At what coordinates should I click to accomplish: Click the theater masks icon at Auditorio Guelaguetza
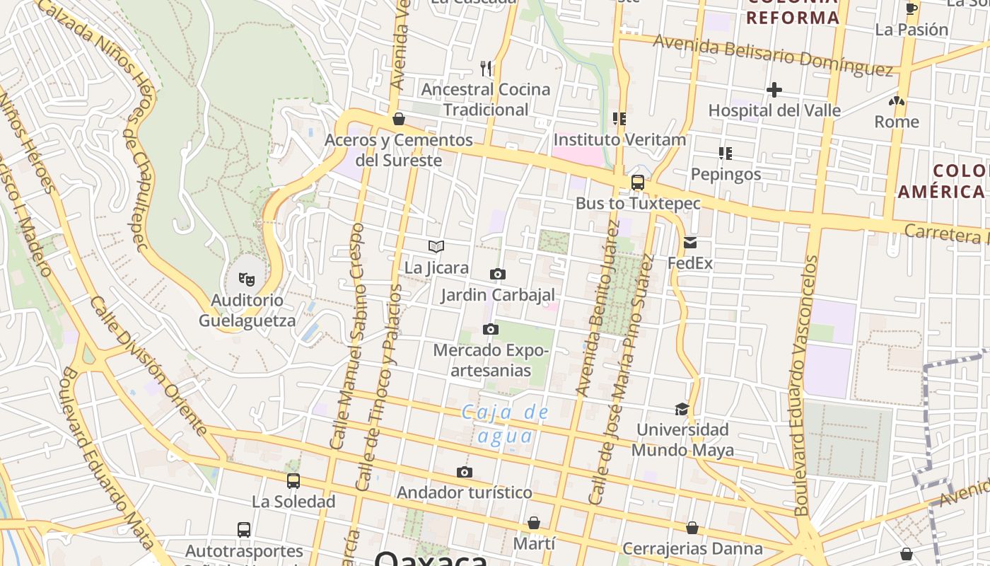pos(246,279)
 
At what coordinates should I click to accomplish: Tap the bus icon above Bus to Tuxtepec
pos(637,183)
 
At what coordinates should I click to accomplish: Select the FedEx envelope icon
pos(690,243)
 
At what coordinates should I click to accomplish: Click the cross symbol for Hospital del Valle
pos(774,90)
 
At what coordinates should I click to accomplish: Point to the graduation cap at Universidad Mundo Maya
pos(682,409)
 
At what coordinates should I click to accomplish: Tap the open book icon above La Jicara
pos(436,246)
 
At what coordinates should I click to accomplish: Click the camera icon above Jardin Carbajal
pos(497,274)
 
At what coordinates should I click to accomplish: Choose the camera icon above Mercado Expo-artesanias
pos(491,329)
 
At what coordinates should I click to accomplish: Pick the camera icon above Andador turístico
pos(464,472)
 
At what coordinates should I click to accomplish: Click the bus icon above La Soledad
pos(293,481)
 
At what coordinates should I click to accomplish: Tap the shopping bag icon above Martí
pos(534,523)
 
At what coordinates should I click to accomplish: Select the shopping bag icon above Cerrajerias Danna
pos(692,528)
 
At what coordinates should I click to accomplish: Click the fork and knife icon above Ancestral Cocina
pos(486,68)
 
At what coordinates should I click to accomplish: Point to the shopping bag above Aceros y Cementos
pos(399,119)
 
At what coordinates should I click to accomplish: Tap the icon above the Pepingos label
pos(725,153)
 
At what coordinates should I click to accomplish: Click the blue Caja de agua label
pos(505,424)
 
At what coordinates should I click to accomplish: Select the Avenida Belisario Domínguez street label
pos(773,54)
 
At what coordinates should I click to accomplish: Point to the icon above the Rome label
pos(897,101)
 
